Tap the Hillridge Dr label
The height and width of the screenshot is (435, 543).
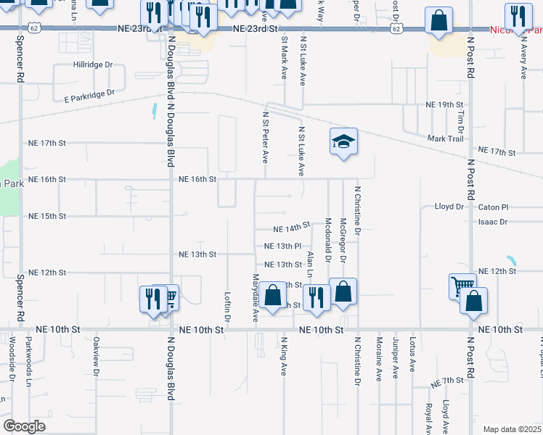pos(94,65)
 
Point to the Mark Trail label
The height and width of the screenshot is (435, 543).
pos(445,138)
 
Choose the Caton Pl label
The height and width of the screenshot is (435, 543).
pos(494,207)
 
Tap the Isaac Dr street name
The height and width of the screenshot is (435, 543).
pos(493,222)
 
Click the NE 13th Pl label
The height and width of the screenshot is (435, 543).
pos(282,246)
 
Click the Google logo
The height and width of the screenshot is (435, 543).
pos(24,426)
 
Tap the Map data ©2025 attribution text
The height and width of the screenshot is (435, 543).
pos(512,429)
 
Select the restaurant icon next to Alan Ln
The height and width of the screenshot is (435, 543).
pos(317,298)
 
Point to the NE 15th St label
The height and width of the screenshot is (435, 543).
pos(47,216)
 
